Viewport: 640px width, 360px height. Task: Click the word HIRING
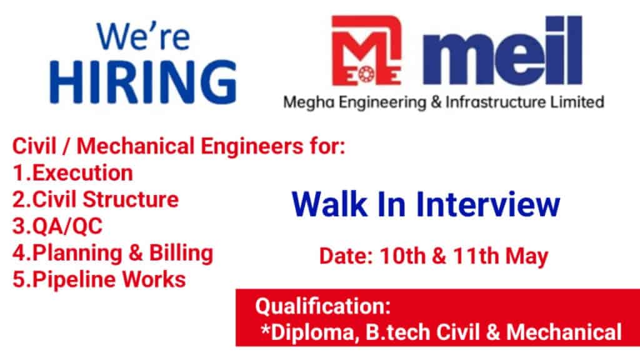pos(143,82)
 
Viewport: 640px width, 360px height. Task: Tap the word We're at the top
pos(143,37)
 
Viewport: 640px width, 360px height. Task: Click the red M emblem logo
pos(366,51)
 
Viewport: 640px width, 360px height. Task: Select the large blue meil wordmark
pos(502,51)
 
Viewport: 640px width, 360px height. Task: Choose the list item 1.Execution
pos(72,172)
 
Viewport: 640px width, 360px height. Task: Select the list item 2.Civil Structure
pos(96,199)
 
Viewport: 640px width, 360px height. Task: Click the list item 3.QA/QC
pos(57,226)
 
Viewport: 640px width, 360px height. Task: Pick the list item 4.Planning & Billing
pos(112,254)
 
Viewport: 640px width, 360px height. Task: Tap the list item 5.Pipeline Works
pos(99,279)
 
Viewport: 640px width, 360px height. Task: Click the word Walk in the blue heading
pos(329,204)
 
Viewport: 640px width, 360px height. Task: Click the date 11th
pos(476,256)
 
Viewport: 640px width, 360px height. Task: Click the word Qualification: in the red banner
pos(323,306)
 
